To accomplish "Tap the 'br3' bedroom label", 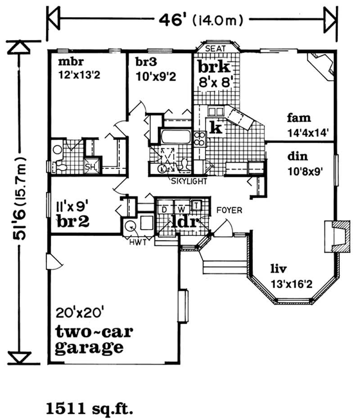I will (145, 62).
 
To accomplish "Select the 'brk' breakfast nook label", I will (215, 68).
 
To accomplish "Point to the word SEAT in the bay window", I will (215, 48).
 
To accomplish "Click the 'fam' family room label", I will (298, 118).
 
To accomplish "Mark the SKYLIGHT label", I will (189, 182).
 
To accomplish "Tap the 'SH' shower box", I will (90, 167).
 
